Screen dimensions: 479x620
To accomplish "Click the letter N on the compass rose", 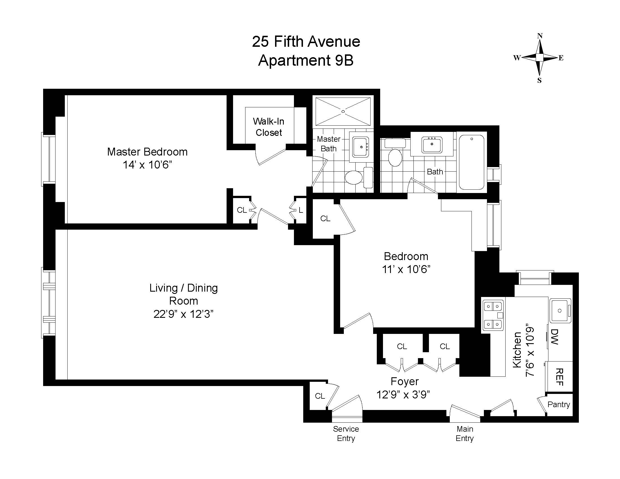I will point(540,36).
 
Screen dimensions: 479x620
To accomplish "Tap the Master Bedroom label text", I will point(147,152).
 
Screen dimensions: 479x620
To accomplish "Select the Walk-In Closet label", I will point(269,127).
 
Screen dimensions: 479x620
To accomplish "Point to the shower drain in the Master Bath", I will point(343,112).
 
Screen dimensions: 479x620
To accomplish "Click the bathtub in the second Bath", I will point(471,162).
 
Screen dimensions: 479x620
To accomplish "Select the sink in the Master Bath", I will point(360,147).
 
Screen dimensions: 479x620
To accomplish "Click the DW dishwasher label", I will point(554,337).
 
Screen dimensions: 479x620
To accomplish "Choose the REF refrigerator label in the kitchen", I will point(559,377).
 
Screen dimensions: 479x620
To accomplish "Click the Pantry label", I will point(558,404).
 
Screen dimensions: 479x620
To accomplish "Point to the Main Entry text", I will point(465,433).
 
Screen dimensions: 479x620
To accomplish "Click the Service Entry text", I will point(346,433).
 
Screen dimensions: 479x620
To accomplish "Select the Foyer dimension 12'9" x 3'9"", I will point(403,394).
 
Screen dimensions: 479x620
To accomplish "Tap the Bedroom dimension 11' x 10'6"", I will point(406,269).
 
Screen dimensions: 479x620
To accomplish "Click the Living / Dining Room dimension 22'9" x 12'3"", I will point(183,314).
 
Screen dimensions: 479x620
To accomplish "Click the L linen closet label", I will point(301,210).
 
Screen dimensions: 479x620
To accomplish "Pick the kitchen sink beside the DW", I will point(559,311).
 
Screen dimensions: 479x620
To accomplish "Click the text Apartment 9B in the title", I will point(306,61).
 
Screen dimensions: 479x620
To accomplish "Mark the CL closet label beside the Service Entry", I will point(320,396).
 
